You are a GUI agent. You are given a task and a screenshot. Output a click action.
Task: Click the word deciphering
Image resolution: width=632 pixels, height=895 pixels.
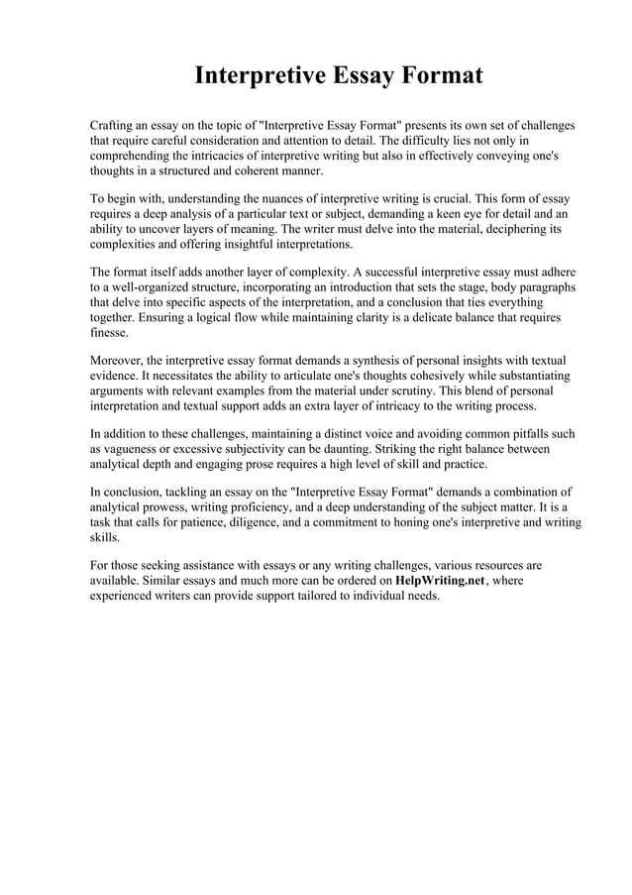tap(506, 229)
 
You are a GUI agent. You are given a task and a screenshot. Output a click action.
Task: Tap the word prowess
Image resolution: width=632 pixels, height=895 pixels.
tap(161, 507)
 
